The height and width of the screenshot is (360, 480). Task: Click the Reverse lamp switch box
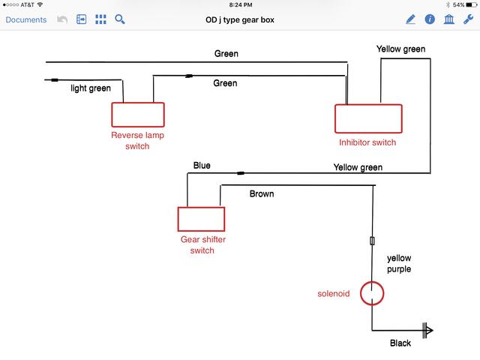pyautogui.click(x=138, y=114)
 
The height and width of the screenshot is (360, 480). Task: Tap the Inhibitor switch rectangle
pyautogui.click(x=367, y=118)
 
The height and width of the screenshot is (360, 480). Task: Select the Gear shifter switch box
pyautogui.click(x=200, y=219)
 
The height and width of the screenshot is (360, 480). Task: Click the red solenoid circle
pyautogui.click(x=372, y=293)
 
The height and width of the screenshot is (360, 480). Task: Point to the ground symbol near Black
pyautogui.click(x=427, y=330)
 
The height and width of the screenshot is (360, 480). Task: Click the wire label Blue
pyautogui.click(x=202, y=166)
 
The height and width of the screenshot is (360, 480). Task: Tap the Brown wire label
pyautogui.click(x=262, y=193)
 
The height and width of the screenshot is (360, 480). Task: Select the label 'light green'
pyautogui.click(x=91, y=88)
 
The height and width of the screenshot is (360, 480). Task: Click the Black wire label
pyautogui.click(x=400, y=343)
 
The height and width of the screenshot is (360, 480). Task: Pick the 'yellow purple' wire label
pyautogui.click(x=399, y=263)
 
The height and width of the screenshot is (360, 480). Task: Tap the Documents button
pyautogui.click(x=25, y=19)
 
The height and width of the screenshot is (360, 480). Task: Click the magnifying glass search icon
pyautogui.click(x=119, y=19)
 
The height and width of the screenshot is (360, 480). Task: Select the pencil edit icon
pyautogui.click(x=411, y=19)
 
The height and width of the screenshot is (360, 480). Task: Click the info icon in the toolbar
pyautogui.click(x=430, y=19)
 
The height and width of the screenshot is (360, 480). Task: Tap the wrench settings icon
pyautogui.click(x=467, y=19)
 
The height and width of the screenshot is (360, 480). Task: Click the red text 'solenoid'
pyautogui.click(x=334, y=293)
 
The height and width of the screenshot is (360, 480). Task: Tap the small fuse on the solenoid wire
pyautogui.click(x=372, y=241)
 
